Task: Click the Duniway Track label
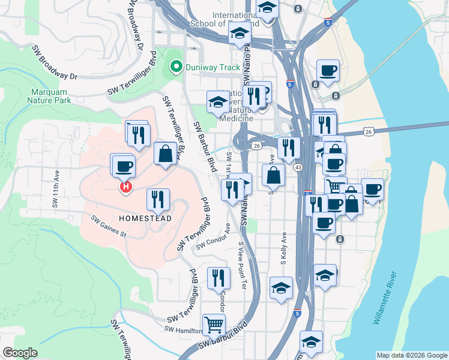(x=212, y=67)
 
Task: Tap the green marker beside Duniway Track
(x=176, y=67)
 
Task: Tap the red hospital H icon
(x=126, y=188)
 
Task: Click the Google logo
(x=20, y=353)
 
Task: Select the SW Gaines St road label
(x=109, y=226)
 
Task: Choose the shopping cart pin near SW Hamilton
(x=214, y=323)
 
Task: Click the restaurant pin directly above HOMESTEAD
(x=158, y=199)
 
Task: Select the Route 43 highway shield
(x=298, y=167)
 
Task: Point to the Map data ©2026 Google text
(x=412, y=355)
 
